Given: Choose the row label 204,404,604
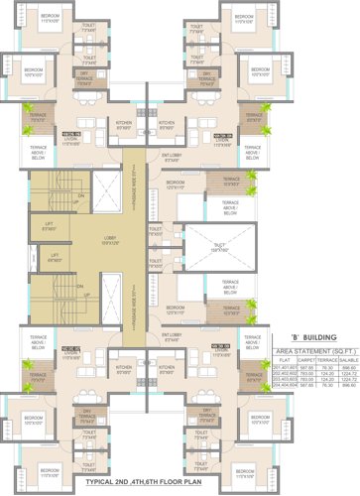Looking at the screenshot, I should [285, 384].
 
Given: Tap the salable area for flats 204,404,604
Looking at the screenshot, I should [347, 384].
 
